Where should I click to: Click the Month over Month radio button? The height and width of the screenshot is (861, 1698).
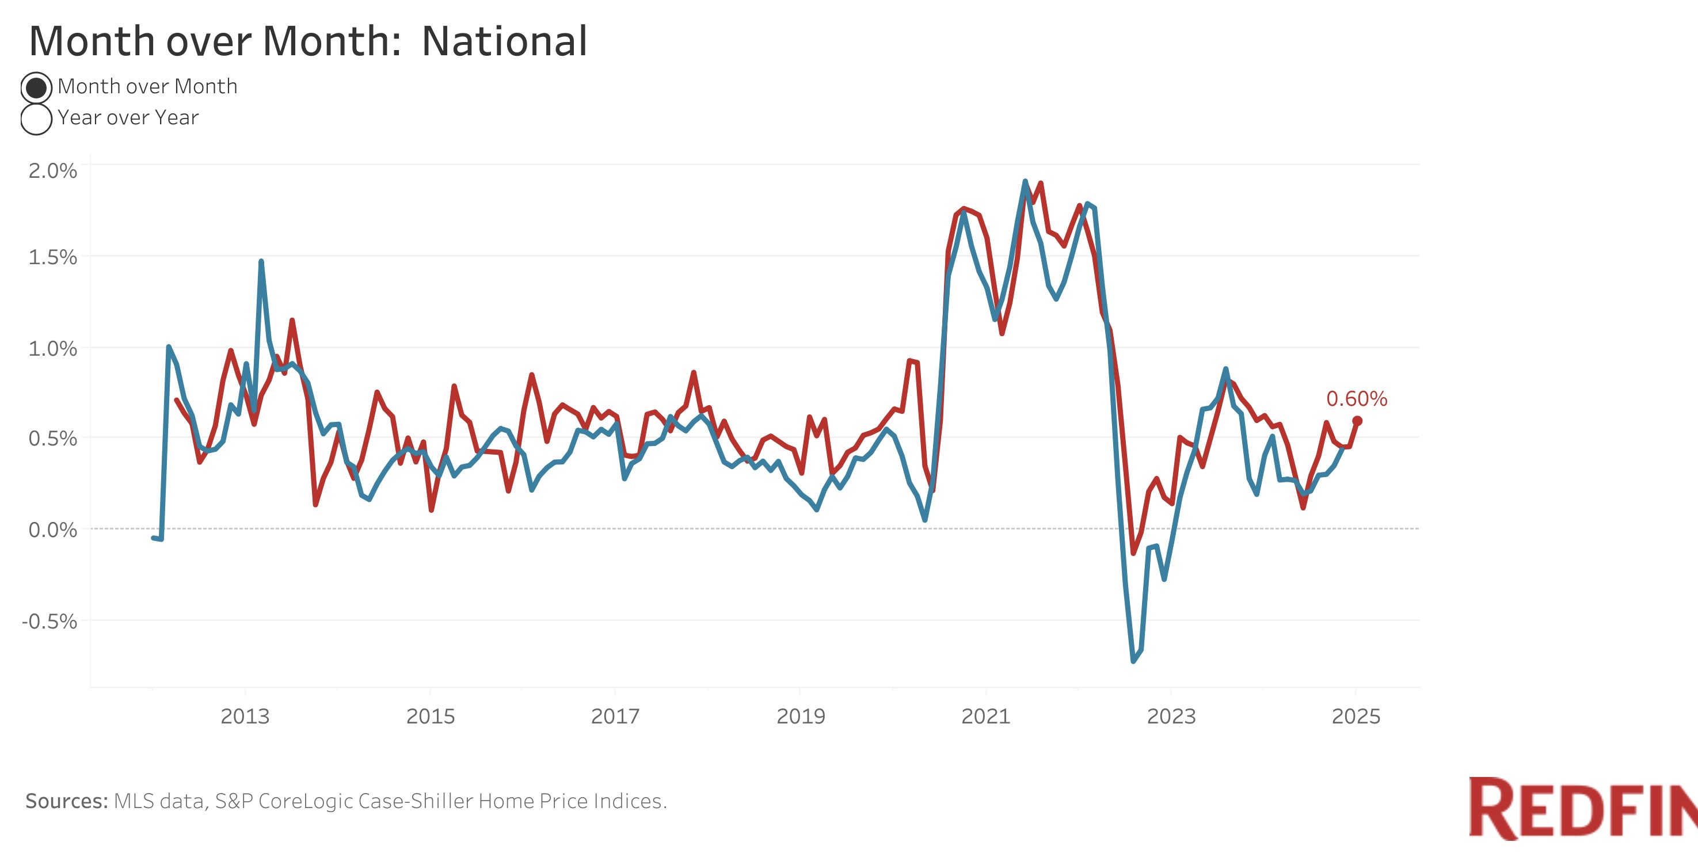(x=36, y=87)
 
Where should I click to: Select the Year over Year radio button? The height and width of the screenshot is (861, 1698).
(x=36, y=119)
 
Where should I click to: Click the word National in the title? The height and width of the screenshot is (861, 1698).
(x=504, y=41)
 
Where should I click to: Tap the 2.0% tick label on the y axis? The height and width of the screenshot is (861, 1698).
(x=53, y=171)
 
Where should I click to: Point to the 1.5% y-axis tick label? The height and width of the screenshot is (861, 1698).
(x=53, y=257)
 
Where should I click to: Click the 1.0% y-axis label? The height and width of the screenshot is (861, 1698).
(x=53, y=348)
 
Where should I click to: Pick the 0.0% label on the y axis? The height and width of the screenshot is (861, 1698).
(x=53, y=529)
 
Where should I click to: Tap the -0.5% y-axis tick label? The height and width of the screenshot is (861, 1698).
(x=50, y=621)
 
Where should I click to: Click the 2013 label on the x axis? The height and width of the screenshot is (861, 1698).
(x=245, y=716)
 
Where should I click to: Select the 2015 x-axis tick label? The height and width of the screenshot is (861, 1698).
(x=431, y=716)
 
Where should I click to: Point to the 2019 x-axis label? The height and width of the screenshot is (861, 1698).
(x=801, y=716)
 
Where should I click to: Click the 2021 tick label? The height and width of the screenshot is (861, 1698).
(x=986, y=716)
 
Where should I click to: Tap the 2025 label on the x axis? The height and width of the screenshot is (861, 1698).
(x=1356, y=716)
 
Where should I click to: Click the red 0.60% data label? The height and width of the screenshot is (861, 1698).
(x=1357, y=399)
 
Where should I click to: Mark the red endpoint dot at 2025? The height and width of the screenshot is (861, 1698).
(x=1357, y=421)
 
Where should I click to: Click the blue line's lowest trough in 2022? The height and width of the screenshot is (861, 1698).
(x=1133, y=661)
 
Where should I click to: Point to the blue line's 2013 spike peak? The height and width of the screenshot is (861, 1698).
(x=262, y=262)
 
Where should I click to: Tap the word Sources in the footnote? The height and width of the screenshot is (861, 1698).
(x=67, y=801)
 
